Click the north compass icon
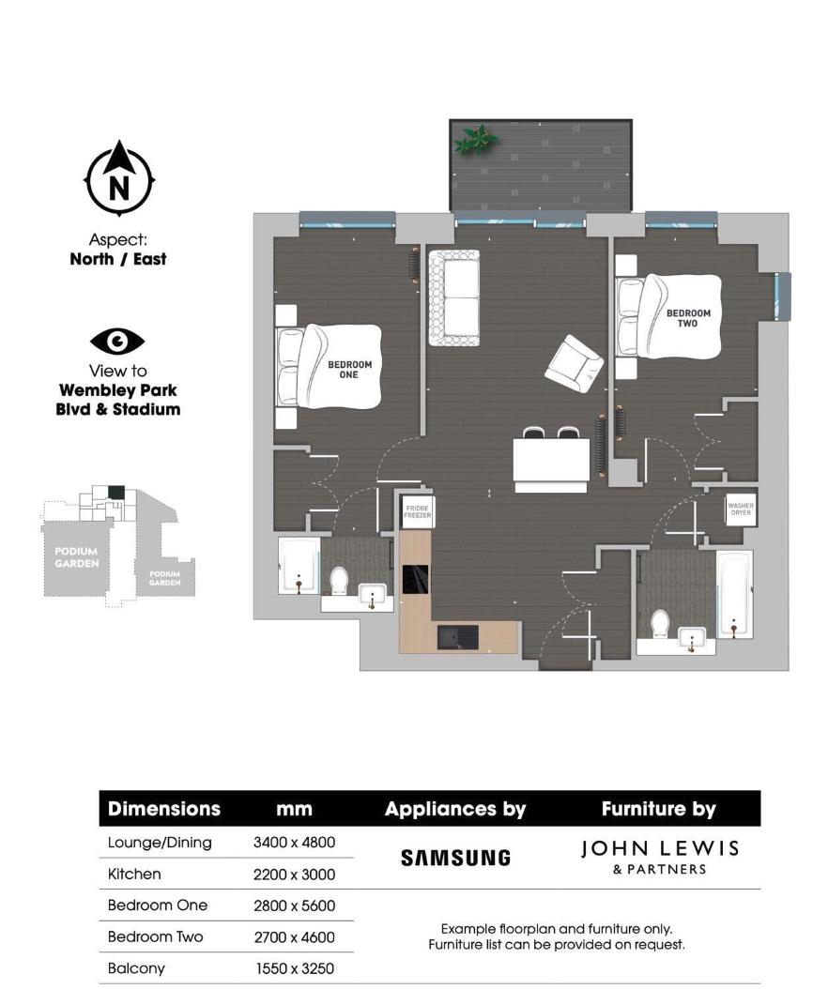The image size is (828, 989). point(119,179)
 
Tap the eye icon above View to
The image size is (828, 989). point(117,342)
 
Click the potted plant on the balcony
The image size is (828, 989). point(475,141)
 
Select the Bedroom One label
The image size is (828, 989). point(349,369)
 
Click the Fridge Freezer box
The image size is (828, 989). point(416,512)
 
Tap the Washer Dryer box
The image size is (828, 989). point(740,510)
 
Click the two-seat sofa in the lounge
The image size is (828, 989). point(453,297)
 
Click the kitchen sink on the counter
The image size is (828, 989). point(458,637)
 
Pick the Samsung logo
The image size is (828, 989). point(455,858)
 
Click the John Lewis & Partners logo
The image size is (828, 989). point(659,857)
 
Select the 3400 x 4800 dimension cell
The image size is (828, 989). point(294,843)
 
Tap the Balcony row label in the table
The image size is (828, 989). point(136,968)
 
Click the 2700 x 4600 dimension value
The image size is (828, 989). point(294,937)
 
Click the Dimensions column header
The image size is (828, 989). point(164,809)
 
